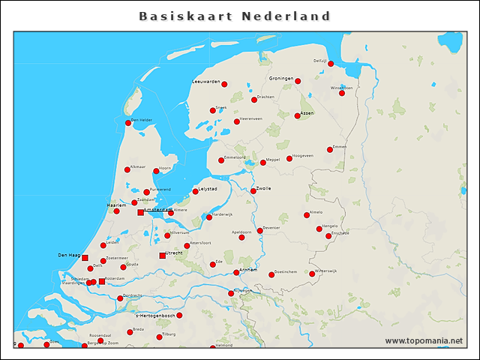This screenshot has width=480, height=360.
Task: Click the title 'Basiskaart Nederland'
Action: click(235, 16)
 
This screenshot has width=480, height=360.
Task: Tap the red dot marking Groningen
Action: click(298, 81)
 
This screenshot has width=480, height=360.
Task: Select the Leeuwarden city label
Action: click(206, 81)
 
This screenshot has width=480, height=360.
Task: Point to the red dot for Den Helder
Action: click(128, 123)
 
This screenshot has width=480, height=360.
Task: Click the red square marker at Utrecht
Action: click(162, 256)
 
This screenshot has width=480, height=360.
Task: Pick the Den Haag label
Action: click(69, 255)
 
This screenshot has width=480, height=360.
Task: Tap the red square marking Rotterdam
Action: click(102, 281)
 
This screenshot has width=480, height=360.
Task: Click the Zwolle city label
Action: click(263, 188)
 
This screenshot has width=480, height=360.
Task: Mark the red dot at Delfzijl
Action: click(331, 64)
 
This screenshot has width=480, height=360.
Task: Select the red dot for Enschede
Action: click(328, 235)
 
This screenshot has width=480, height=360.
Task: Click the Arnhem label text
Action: click(248, 269)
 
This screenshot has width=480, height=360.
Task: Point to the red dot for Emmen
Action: click(330, 150)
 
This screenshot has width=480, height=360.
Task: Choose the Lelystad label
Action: click(208, 189)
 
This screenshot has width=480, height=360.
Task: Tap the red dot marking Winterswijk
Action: click(312, 274)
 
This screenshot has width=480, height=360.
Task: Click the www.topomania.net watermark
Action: click(424, 341)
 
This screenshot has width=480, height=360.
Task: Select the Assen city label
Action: click(307, 113)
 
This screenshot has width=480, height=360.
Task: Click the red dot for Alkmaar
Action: click(127, 169)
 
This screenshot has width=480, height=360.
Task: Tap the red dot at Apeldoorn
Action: click(241, 237)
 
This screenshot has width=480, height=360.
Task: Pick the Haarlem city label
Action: click(115, 205)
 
